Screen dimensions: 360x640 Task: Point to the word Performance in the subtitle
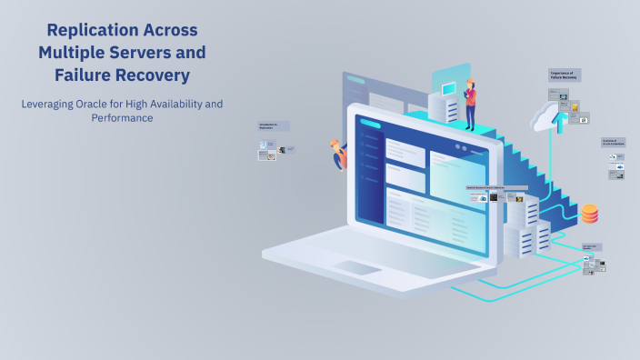coord(122,118)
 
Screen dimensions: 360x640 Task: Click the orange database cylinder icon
coord(590,214)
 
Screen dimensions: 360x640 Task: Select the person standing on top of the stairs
coord(470,104)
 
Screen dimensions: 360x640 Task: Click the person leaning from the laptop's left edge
coord(340,154)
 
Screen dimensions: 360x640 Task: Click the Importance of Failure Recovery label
coord(565,75)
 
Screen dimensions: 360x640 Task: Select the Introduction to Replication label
coord(273,127)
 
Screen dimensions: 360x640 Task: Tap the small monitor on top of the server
coord(448,89)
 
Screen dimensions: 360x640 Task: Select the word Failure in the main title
coord(84,74)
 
